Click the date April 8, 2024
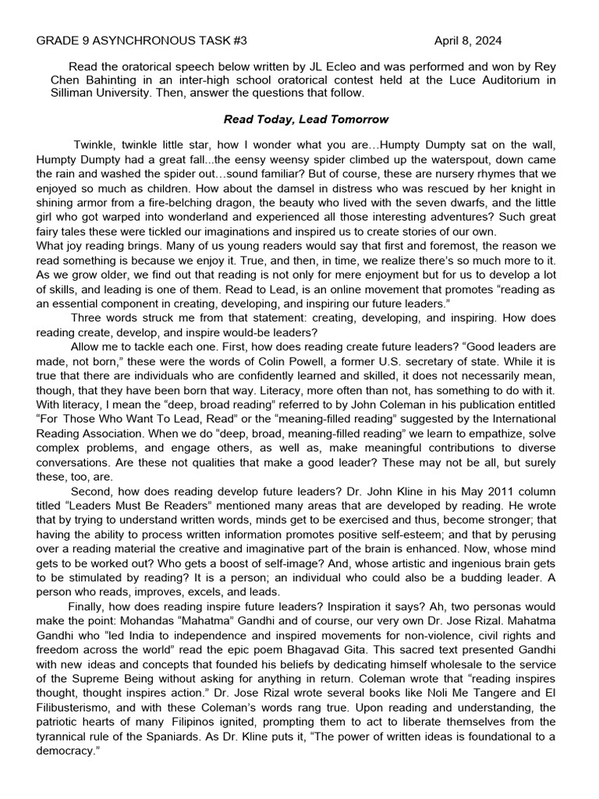point(468,41)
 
